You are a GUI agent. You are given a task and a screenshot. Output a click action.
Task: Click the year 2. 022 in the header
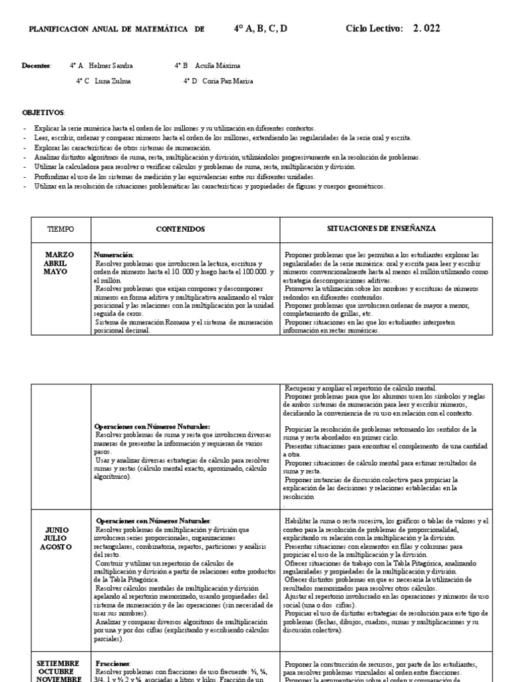pos(426,28)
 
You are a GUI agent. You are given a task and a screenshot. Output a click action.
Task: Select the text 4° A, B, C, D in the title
pos(261,28)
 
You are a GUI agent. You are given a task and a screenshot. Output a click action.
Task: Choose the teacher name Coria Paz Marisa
pos(227,81)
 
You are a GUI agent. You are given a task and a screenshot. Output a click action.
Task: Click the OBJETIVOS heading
pos(43,113)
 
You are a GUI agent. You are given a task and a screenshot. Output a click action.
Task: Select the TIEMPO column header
pos(61,229)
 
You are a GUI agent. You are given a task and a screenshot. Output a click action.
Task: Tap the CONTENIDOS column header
pos(181,229)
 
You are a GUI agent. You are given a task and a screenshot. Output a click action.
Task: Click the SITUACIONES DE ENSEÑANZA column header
pos(381,228)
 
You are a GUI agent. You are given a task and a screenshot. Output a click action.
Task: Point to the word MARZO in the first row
pos(60,254)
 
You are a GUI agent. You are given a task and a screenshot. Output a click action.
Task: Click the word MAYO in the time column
pos(60,272)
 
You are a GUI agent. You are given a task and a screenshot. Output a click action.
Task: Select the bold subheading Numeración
pos(114,255)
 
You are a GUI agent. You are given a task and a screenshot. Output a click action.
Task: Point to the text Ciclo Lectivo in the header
pos(375,28)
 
